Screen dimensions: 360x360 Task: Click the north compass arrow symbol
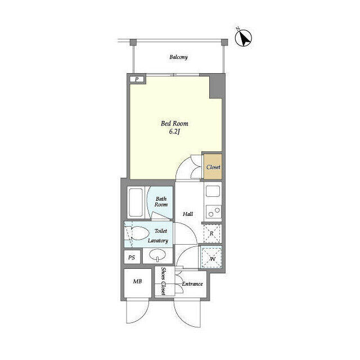pos(244,38)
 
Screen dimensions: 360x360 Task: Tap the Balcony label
pos(178,57)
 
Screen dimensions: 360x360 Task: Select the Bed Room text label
pos(174,124)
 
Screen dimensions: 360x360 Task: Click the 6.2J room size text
pos(174,132)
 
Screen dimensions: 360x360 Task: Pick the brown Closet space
pos(213,166)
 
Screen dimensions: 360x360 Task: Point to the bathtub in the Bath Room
pos(136,202)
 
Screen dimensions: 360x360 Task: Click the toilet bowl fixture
pos(137,233)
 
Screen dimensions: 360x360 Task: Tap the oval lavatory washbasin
pos(157,255)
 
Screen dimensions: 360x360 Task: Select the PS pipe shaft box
pos(132,258)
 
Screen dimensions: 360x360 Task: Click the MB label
pos(137,281)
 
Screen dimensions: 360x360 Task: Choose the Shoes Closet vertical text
pos(163,281)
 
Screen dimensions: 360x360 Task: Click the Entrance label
pos(192,284)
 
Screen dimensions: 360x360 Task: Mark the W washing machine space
pos(211,258)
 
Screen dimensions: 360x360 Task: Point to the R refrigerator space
pos(212,233)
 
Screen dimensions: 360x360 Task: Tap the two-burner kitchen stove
pos(214,211)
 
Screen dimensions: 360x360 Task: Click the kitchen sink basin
pos(213,191)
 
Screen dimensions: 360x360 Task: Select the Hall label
pos(188,214)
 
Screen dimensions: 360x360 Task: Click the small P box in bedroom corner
pos(137,79)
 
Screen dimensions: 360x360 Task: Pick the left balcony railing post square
pos(133,42)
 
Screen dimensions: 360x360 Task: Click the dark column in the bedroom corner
pos(216,86)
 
